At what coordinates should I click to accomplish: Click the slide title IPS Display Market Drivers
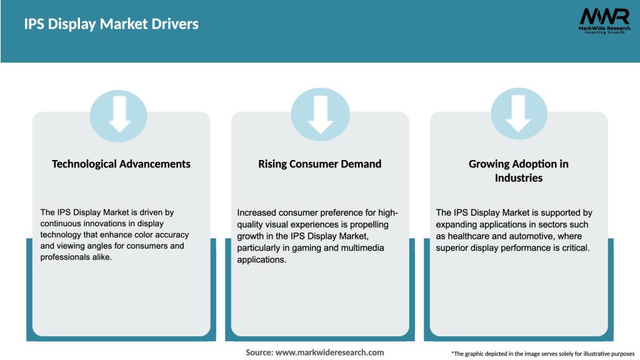[x=111, y=24]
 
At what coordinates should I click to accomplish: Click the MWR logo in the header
[x=604, y=16]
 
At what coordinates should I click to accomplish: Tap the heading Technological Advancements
[x=121, y=164]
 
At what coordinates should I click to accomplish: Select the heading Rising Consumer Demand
[x=320, y=164]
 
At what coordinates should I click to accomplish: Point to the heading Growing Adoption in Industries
[x=519, y=171]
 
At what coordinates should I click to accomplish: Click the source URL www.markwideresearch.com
[x=330, y=352]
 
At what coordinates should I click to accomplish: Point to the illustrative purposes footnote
[x=543, y=354]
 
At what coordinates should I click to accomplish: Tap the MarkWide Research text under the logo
[x=604, y=28]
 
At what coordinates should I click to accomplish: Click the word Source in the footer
[x=258, y=352]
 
